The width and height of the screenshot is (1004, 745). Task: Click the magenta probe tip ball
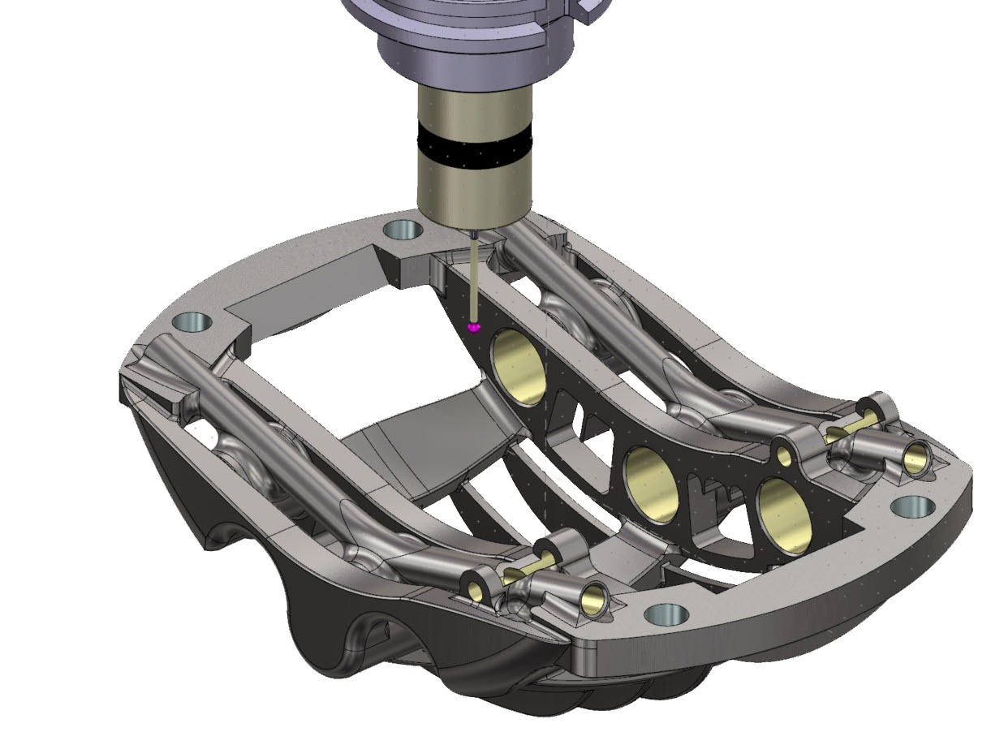coord(475,326)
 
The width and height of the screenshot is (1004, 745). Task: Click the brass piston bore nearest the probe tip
coord(519,366)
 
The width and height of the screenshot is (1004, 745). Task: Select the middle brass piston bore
coord(652,483)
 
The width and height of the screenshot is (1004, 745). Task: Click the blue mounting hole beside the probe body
coord(403,230)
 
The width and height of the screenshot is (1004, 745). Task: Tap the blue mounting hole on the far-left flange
coord(192,322)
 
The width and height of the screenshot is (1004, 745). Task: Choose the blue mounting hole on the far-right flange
coord(914,508)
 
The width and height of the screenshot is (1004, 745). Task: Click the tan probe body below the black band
coord(475,187)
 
